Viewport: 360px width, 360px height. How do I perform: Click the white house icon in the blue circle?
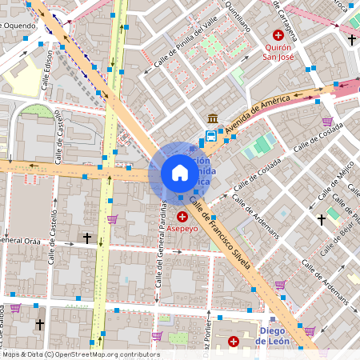[180, 173]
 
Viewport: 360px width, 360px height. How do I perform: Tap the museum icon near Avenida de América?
[212, 118]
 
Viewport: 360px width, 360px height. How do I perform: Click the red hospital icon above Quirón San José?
[278, 34]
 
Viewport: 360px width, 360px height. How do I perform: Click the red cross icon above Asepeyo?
[182, 216]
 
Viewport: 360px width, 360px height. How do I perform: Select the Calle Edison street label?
[50, 68]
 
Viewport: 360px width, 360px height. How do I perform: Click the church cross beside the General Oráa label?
[87, 238]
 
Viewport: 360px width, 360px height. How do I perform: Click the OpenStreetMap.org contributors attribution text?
[107, 354]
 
